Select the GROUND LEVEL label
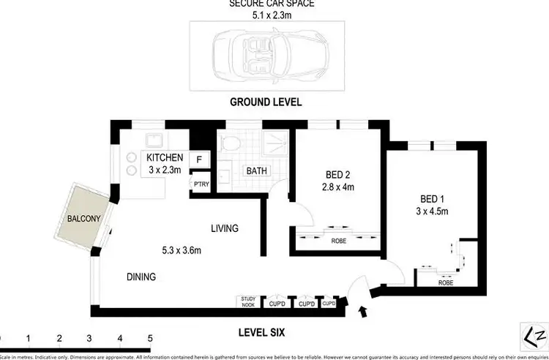(x=266, y=102)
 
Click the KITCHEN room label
(x=165, y=158)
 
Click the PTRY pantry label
(x=200, y=184)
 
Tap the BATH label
(x=256, y=171)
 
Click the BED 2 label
(x=339, y=175)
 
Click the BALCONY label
(x=81, y=219)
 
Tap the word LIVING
(x=225, y=228)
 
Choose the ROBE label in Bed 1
(x=444, y=281)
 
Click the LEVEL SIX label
(x=262, y=333)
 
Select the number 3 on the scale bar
(x=89, y=339)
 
